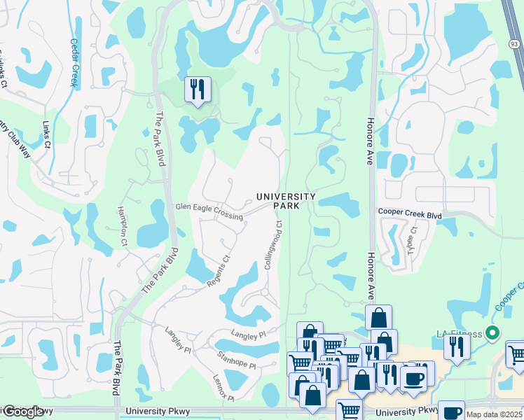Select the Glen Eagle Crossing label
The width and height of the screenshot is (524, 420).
coord(209,211)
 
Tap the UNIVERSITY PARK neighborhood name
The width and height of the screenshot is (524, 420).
coord(286,201)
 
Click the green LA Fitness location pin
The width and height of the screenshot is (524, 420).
coord(492,332)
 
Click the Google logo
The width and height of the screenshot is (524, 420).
coord(22,412)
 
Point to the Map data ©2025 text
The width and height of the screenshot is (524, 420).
coord(494,414)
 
